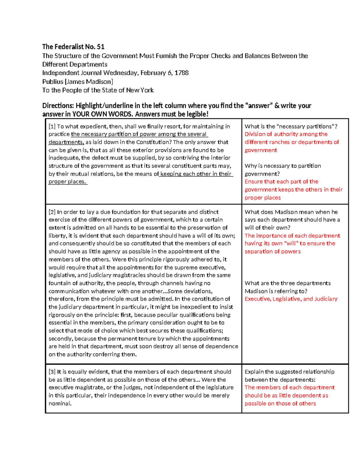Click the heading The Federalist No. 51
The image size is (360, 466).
(73, 47)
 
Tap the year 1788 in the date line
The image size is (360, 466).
(181, 73)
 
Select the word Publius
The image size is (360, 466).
(53, 82)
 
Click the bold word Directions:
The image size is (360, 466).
(58, 106)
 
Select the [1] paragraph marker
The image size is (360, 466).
(52, 126)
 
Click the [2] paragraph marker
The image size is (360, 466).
(52, 212)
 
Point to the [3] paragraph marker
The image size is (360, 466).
(52, 372)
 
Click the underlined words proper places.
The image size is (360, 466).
(67, 182)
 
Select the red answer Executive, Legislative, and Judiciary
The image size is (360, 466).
(291, 299)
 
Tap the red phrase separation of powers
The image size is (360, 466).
(272, 251)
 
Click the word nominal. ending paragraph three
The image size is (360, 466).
(60, 404)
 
